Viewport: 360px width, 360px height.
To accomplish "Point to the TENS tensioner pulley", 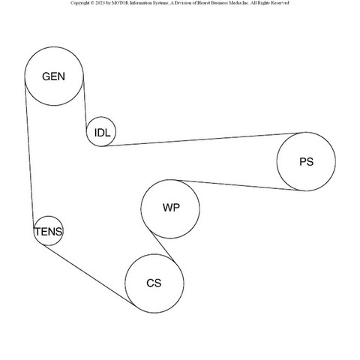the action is pos(49,217).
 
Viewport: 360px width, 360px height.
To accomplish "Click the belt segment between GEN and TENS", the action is pos(29,154).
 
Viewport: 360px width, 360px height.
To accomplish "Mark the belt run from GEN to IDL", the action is pos(85,103).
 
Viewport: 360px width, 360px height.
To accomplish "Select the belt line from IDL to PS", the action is pos(203,139).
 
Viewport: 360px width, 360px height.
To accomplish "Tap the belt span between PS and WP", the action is pos(239,185).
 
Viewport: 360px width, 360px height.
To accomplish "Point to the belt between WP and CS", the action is pos(162,246).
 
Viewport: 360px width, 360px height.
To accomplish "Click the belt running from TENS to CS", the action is pos(89,275).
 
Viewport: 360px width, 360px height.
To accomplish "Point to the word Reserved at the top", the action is pos(280,3).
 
